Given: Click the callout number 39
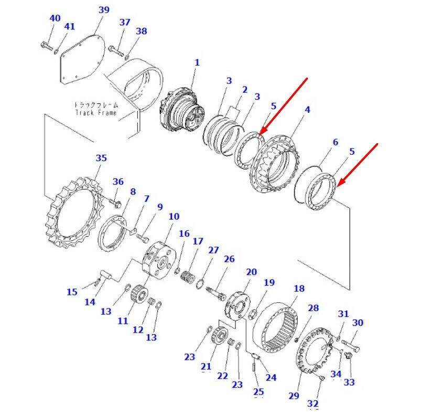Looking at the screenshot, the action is [104, 9].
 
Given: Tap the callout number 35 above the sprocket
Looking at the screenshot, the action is [101, 158].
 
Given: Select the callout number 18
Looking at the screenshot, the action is [299, 288].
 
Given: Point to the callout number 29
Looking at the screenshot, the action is [294, 396].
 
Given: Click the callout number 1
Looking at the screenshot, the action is [197, 62].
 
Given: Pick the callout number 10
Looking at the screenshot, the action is [174, 216].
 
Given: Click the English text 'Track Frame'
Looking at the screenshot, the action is [96, 113].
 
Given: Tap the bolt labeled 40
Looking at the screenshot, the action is [47, 46].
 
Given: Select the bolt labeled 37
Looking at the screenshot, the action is [116, 51].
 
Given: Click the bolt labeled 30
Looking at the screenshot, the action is [350, 345].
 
